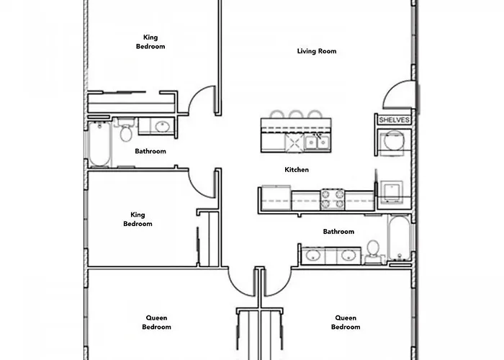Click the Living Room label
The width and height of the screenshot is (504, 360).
point(317,51)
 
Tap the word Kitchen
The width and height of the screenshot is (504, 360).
point(297,170)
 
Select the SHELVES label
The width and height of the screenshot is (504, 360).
point(393,120)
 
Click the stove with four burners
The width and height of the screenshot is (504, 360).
point(332,199)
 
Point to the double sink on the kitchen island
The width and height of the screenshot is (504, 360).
point(317,142)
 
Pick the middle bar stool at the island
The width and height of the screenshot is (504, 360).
point(296,115)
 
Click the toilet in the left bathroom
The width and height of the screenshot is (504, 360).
point(126,131)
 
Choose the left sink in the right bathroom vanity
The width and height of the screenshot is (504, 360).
point(314,255)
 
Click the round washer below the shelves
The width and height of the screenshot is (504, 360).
point(393,142)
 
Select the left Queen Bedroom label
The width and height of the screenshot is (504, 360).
point(156,323)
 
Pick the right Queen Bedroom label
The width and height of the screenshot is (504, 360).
point(346,323)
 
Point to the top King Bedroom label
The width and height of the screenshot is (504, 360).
point(150,42)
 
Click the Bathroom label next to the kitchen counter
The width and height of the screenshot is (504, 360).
point(338,232)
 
